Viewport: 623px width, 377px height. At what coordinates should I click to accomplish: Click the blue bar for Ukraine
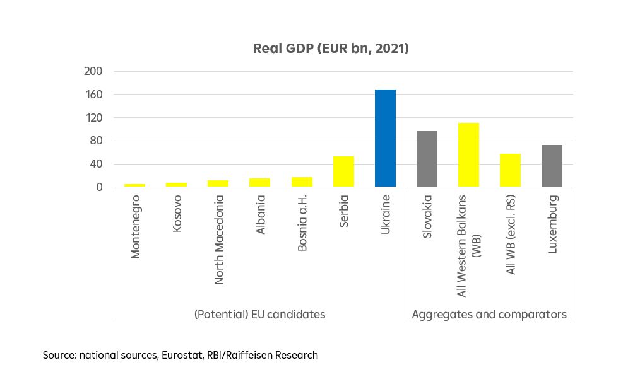pos(385,138)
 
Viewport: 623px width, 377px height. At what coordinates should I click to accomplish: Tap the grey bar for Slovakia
pos(427,159)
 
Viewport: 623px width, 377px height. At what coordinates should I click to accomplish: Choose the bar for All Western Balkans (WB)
pos(468,154)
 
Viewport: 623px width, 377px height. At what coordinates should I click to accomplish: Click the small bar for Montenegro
pos(134,185)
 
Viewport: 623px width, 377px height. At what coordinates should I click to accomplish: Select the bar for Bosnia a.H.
pos(302,182)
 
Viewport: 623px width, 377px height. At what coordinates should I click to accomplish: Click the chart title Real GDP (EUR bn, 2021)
pos(331,49)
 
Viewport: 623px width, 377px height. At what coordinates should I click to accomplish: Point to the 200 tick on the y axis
pos(93,71)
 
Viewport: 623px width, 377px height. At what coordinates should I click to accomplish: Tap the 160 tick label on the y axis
pos(93,95)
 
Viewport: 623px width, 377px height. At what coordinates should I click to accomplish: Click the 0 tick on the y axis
pos(99,187)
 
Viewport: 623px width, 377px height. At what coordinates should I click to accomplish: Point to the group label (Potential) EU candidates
pos(259,314)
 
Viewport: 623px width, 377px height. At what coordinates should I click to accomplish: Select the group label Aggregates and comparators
pos(489,314)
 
